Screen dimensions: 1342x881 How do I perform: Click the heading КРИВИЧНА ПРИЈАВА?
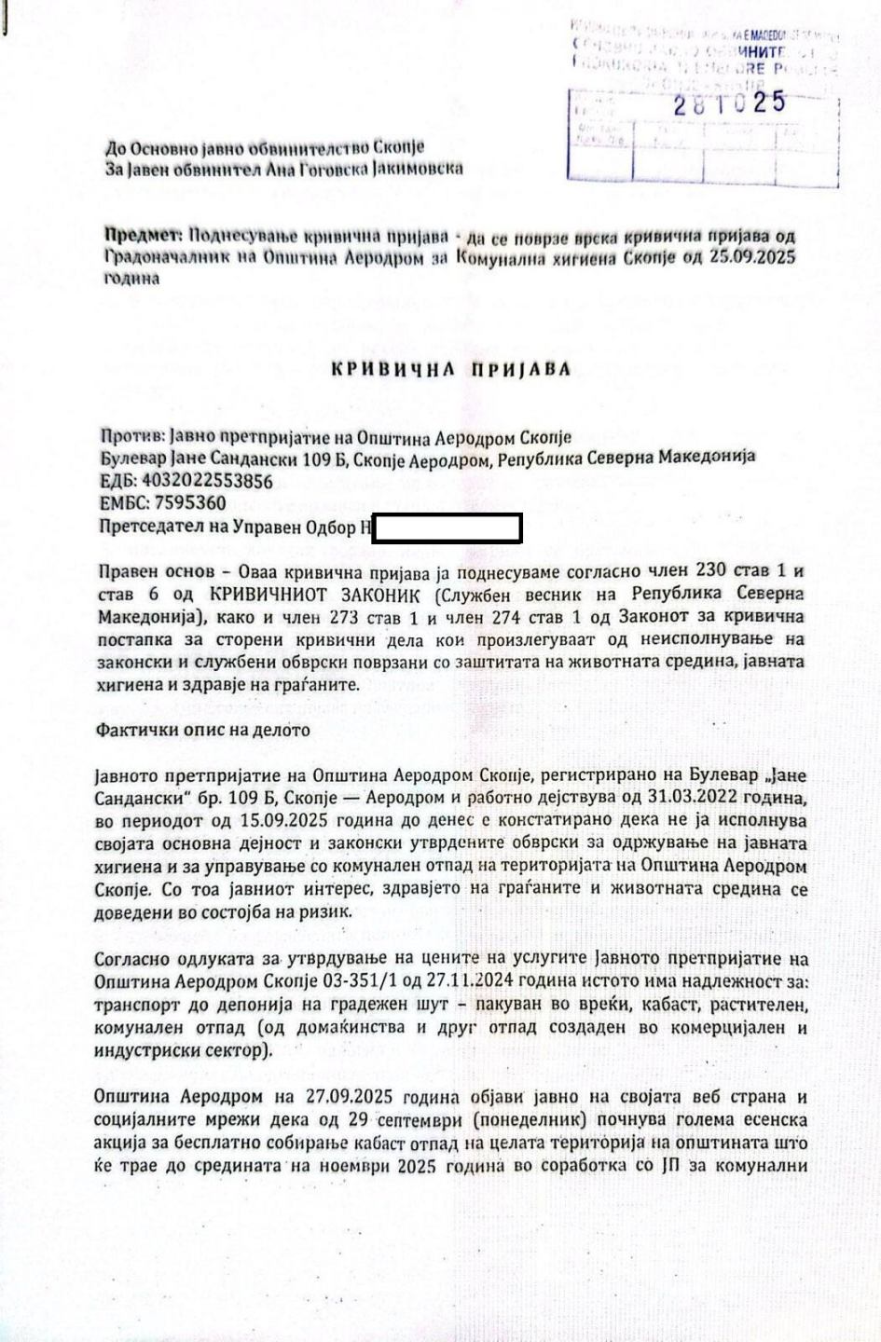coord(451,369)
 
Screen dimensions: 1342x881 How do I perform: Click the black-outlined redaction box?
coord(447,528)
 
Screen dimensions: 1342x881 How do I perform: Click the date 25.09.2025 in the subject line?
coord(753,257)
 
